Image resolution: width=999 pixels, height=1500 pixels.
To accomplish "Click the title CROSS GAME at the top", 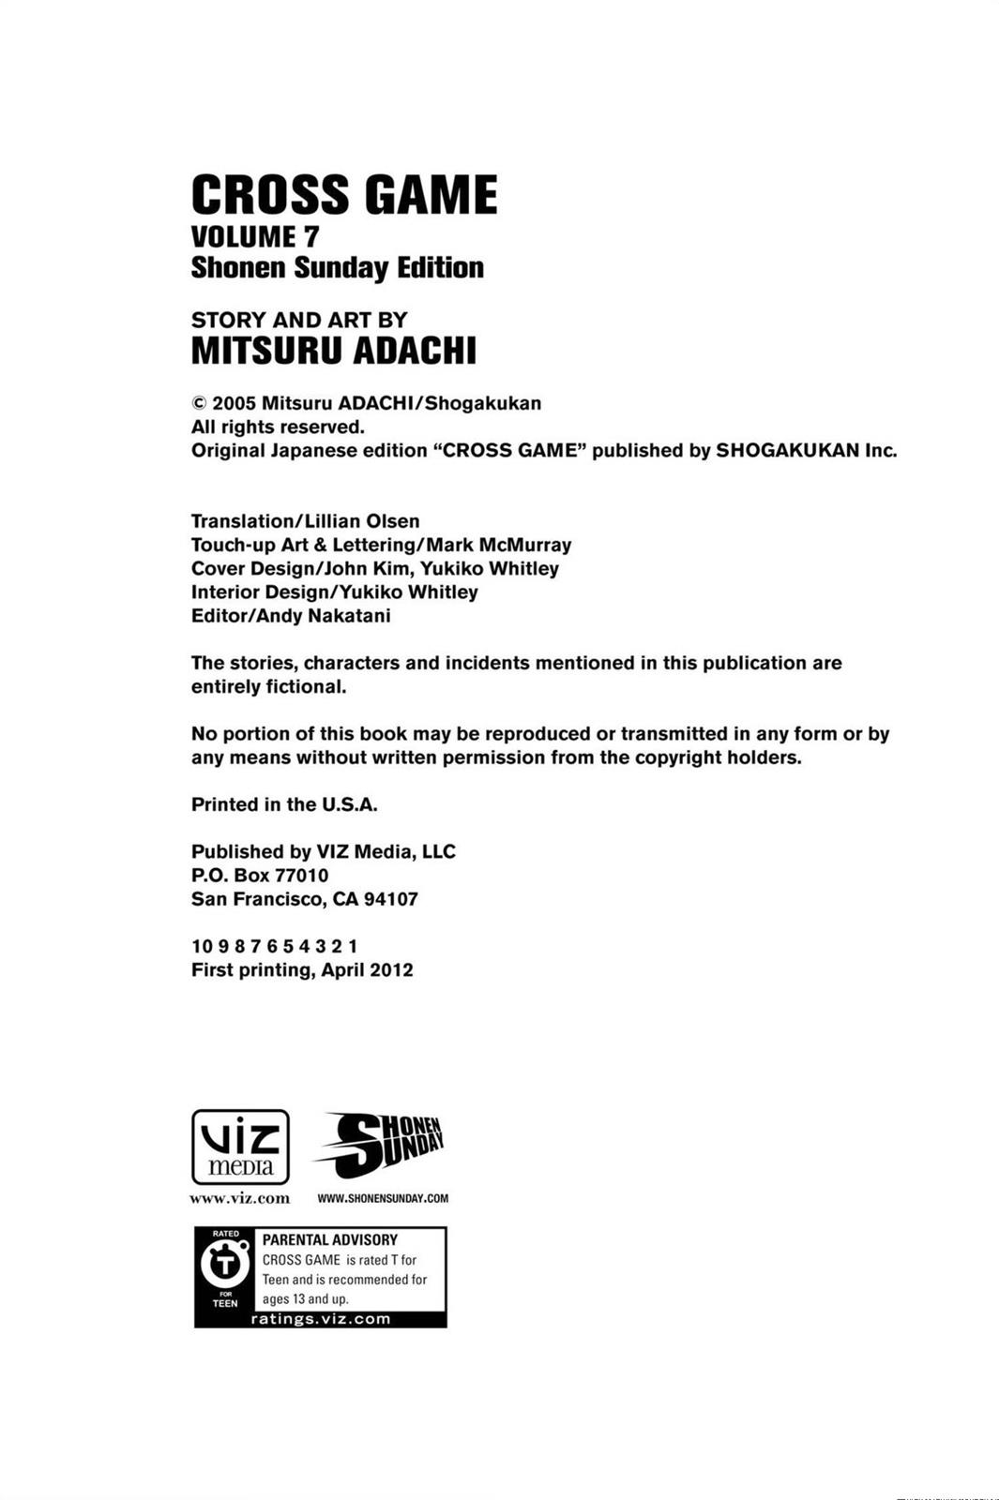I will (x=343, y=195).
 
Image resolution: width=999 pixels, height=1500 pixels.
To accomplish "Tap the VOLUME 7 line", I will (x=255, y=236).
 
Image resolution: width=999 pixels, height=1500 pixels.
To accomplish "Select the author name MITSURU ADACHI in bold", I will (x=334, y=351).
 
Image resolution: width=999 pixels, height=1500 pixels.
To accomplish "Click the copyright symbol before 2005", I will (x=199, y=403).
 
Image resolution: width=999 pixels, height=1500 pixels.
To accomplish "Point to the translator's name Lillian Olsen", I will (x=362, y=521).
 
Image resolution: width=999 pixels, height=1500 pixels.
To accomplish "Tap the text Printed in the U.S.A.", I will (x=284, y=804).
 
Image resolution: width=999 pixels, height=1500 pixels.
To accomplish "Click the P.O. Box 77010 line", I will (x=260, y=876).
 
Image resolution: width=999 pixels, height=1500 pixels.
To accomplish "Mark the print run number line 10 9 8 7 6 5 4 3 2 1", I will (x=274, y=946).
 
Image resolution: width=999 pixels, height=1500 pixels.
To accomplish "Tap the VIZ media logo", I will (x=240, y=1147).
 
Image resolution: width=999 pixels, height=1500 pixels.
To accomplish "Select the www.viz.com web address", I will (x=240, y=1198).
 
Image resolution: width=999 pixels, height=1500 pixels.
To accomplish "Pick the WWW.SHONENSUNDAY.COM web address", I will (x=383, y=1198).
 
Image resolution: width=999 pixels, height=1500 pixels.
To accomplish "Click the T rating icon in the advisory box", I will (x=225, y=1266).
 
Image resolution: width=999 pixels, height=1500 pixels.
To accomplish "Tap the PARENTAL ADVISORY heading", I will (x=330, y=1239).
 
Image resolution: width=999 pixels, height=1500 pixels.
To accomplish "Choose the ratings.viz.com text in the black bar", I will (x=321, y=1319).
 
